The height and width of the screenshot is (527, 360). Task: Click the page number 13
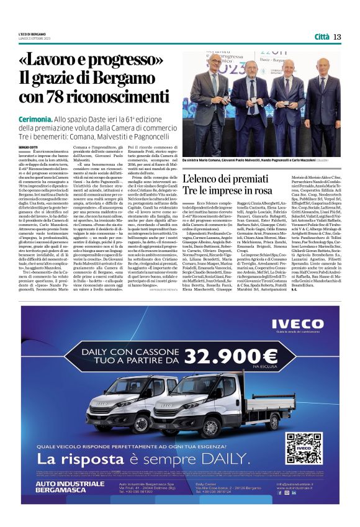337,37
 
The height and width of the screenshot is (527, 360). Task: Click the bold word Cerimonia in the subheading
38,118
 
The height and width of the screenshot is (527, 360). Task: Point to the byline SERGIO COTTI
28,146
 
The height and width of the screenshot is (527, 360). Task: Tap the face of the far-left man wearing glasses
214,62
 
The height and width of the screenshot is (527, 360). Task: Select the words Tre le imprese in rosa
228,190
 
